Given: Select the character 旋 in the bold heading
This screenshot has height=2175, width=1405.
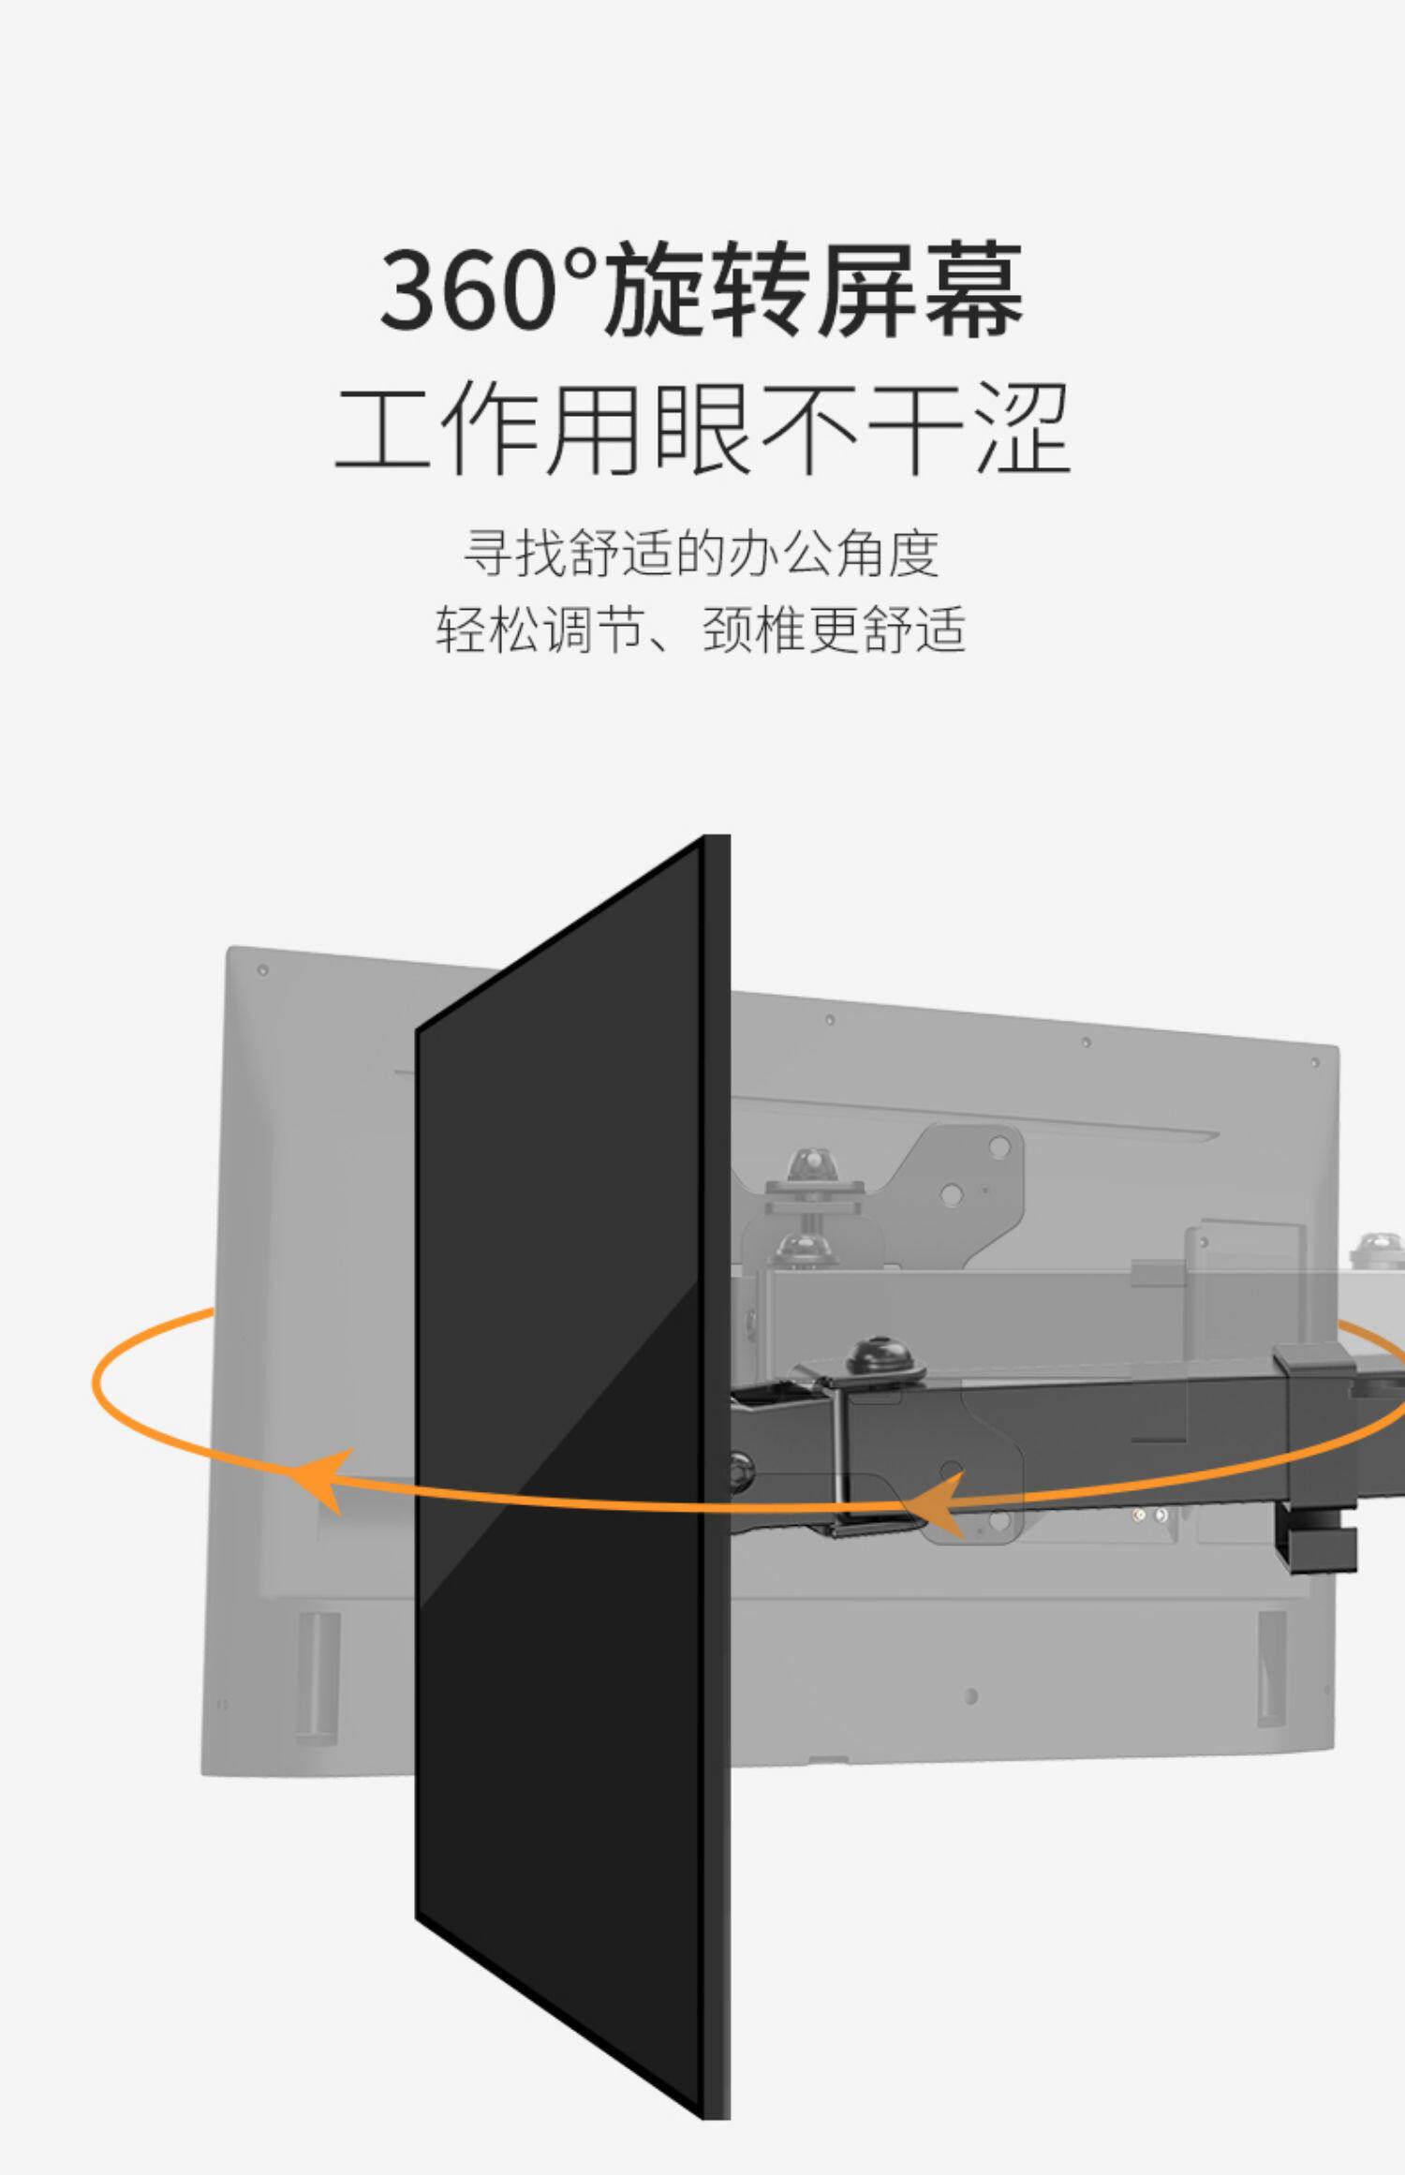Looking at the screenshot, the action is click(x=657, y=289).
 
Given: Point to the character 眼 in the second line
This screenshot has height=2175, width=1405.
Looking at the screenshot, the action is click(x=702, y=430).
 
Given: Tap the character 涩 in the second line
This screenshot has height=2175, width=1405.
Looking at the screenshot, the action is click(x=1021, y=430).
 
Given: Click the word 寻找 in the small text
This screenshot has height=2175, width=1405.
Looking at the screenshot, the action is click(x=515, y=555).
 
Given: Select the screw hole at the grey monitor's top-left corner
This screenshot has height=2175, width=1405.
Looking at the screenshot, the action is click(x=262, y=970).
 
